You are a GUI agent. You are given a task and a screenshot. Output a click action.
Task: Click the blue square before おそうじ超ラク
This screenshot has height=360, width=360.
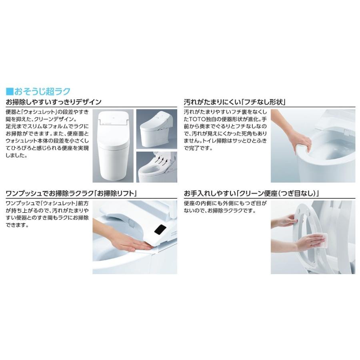click(10, 91)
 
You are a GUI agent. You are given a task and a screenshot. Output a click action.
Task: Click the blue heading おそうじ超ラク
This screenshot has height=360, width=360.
click(42, 91)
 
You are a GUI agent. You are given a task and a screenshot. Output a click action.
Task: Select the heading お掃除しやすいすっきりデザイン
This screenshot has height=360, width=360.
click(54, 102)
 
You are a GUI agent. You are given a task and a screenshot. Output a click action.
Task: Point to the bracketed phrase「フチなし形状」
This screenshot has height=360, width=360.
click(264, 102)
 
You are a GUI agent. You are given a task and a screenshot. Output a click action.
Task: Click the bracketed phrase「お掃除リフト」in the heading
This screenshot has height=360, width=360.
click(116, 193)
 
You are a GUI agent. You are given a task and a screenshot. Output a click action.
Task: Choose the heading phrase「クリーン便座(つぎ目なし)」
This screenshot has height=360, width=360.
click(278, 193)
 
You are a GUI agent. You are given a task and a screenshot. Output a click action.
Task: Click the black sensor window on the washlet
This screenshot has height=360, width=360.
click(160, 230)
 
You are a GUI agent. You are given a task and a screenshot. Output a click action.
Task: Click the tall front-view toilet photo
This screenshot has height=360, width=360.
click(113, 146)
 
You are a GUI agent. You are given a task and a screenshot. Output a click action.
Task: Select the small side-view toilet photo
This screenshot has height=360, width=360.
click(156, 129)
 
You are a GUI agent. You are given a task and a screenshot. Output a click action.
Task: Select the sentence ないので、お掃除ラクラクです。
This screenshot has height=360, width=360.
click(220, 210)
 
